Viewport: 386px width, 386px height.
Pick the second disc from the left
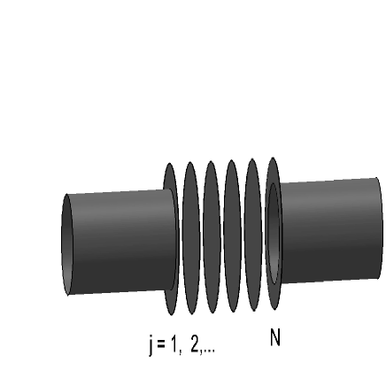(x=189, y=237)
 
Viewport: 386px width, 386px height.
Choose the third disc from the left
(x=211, y=236)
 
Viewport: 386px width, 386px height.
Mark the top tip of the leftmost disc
(x=169, y=166)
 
